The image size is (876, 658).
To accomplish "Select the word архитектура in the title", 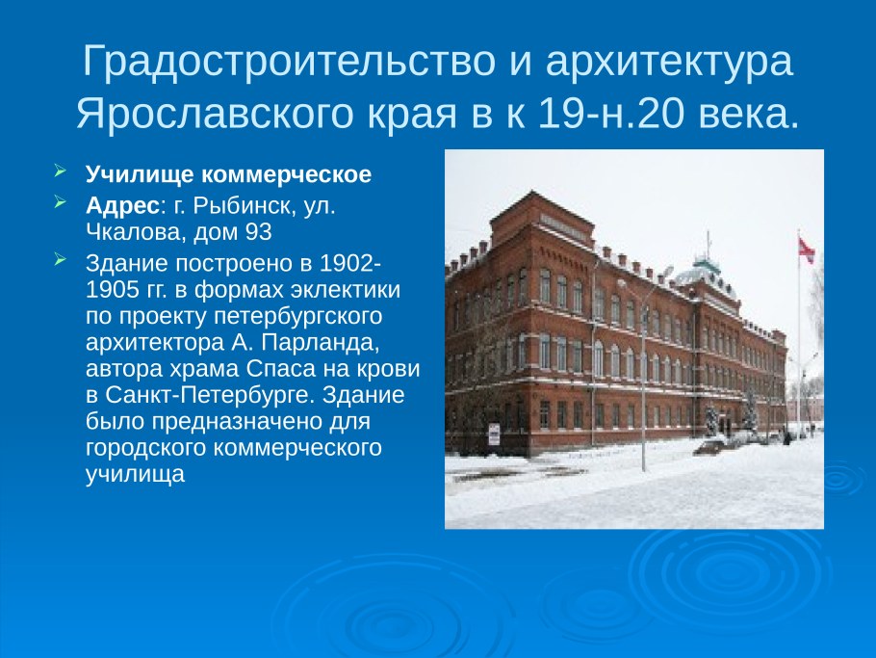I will [x=670, y=62].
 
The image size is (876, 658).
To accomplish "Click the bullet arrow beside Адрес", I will [x=61, y=204].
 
